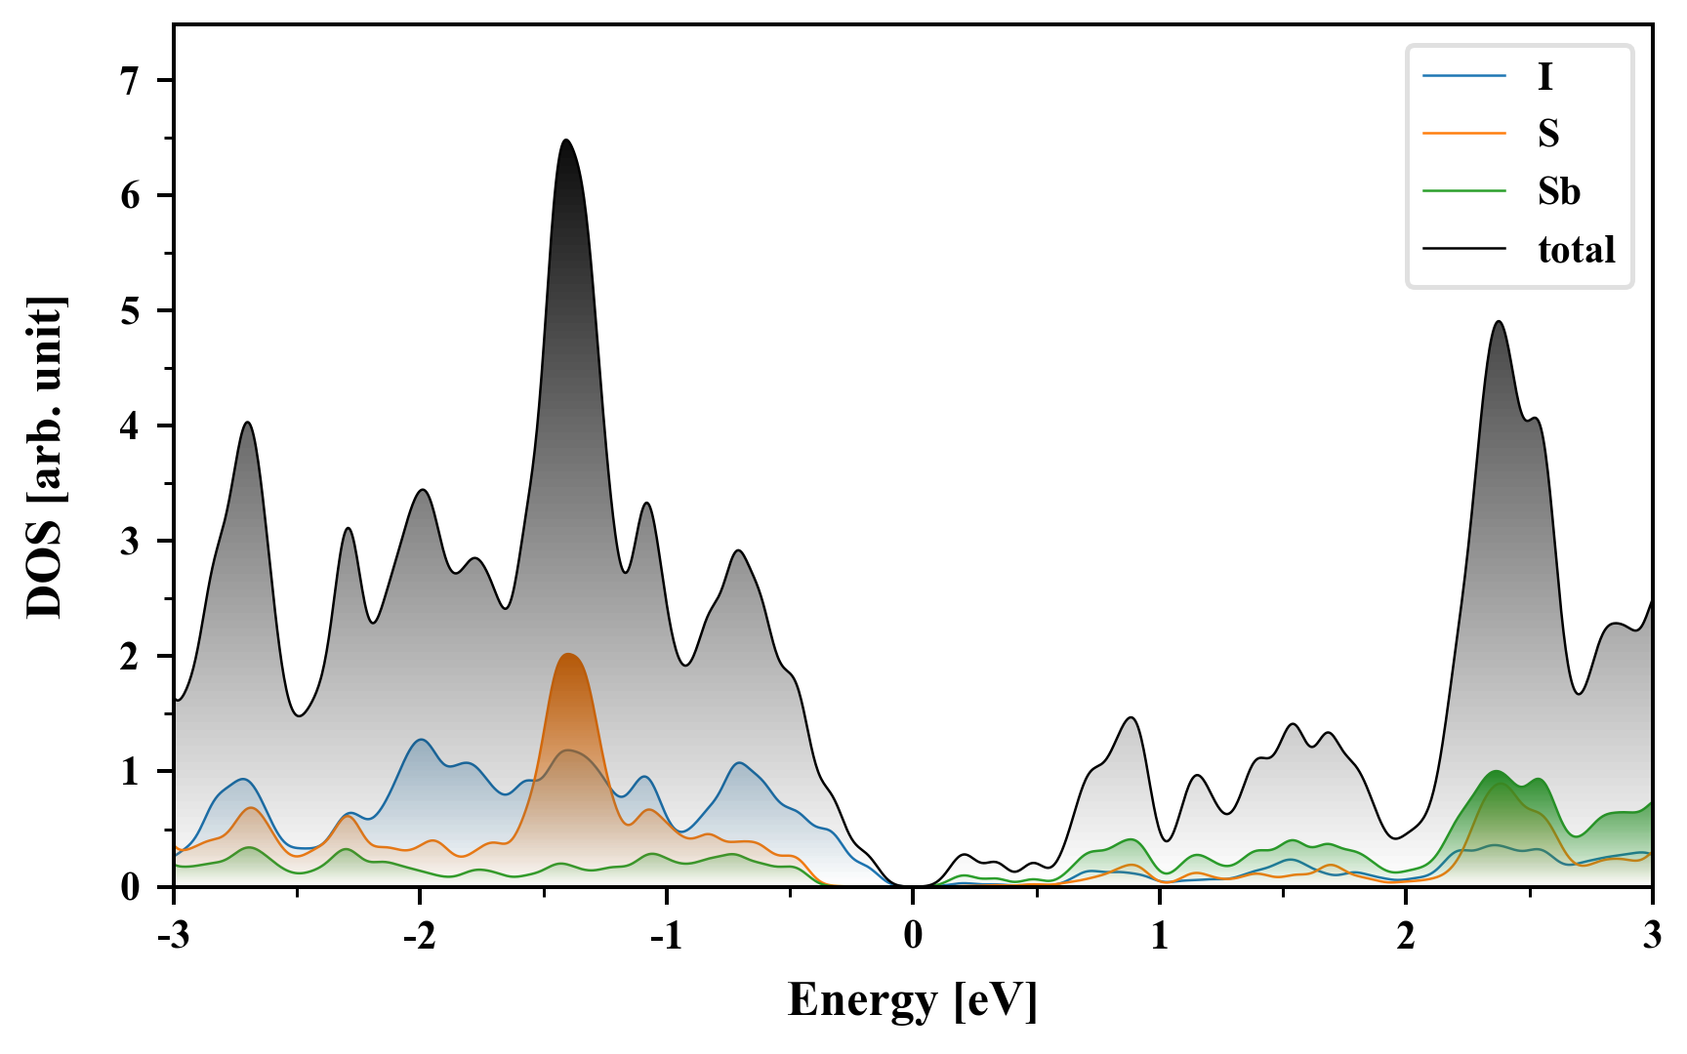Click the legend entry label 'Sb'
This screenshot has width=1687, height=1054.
pyautogui.click(x=1558, y=191)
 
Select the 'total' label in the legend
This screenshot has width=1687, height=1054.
pyautogui.click(x=1576, y=250)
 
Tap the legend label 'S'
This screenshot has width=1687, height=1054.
pyautogui.click(x=1548, y=134)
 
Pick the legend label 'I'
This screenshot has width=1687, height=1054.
pyautogui.click(x=1544, y=76)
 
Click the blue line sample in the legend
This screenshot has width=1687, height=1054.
pyautogui.click(x=1463, y=76)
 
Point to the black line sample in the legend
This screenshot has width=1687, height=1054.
pyautogui.click(x=1463, y=250)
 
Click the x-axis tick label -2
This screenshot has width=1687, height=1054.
pyautogui.click(x=420, y=935)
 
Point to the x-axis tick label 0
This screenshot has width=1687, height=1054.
pyautogui.click(x=913, y=935)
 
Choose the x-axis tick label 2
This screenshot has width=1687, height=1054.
pyautogui.click(x=1406, y=935)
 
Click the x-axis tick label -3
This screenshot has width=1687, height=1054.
pyautogui.click(x=174, y=935)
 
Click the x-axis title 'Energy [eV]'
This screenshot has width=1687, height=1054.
pyautogui.click(x=913, y=999)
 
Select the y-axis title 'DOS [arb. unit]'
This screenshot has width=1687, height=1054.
pyautogui.click(x=45, y=456)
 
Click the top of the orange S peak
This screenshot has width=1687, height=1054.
pyautogui.click(x=568, y=654)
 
